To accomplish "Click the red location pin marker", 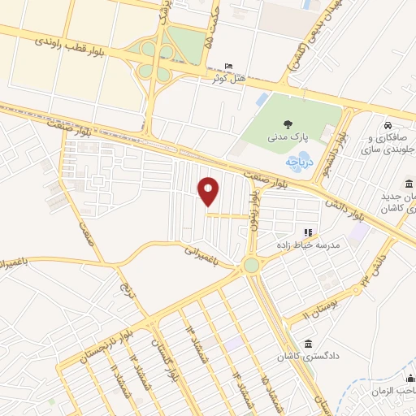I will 209,191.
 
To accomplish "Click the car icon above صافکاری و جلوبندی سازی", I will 391,126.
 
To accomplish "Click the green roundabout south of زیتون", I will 251,265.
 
